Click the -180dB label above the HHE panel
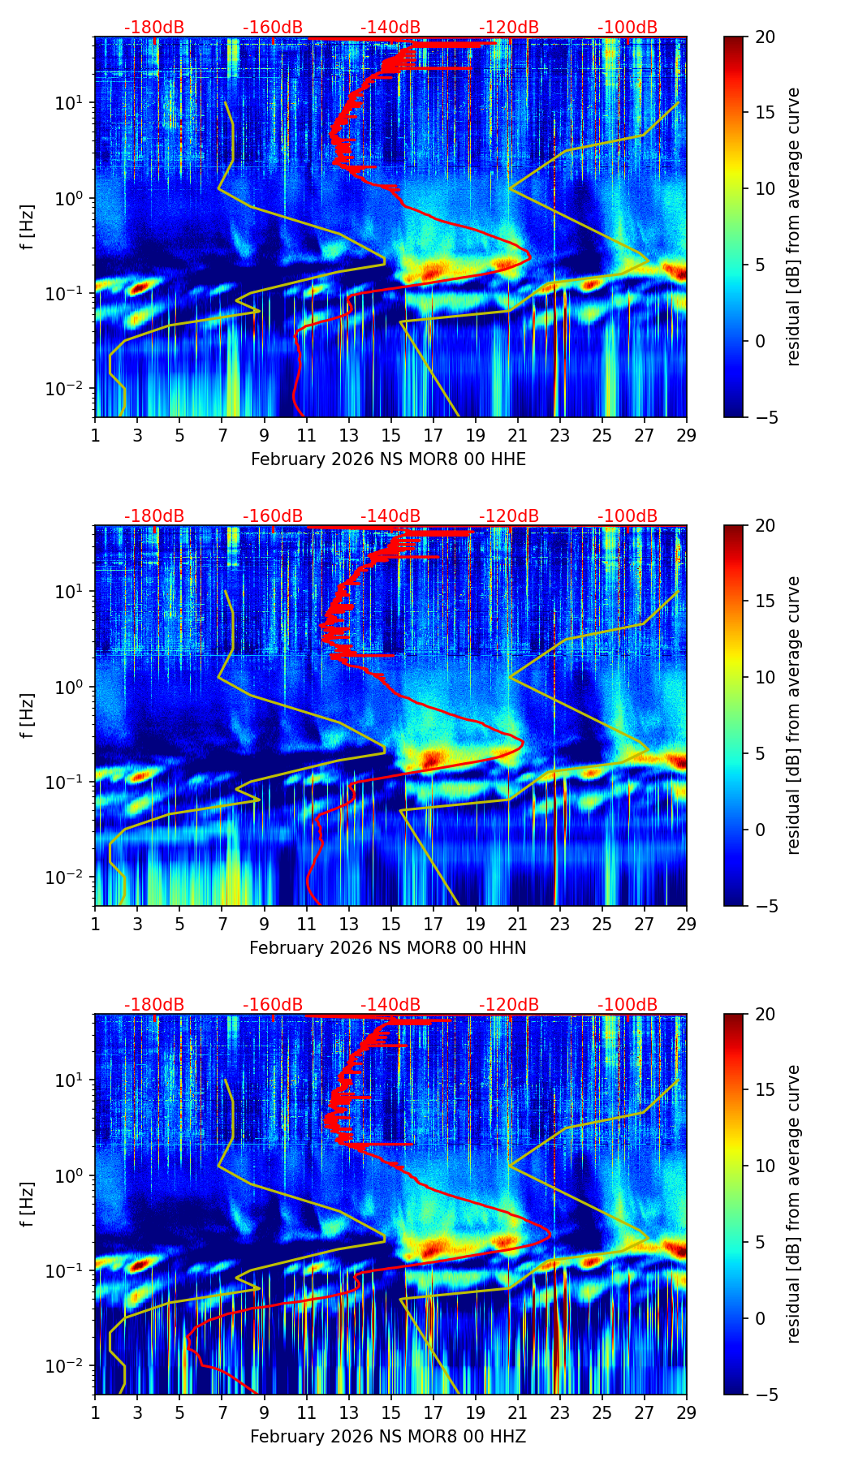(154, 28)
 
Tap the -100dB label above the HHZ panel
(628, 1005)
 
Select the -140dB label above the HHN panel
(390, 516)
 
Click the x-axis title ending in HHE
(388, 459)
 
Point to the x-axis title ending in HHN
(387, 948)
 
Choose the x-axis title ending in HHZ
(387, 1437)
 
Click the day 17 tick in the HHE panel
(433, 434)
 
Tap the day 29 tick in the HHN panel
(687, 923)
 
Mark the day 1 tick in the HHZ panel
(96, 1412)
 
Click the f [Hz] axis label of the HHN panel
(28, 715)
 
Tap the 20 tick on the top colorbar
(764, 37)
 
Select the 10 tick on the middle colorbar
(764, 677)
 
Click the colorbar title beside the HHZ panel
(793, 1204)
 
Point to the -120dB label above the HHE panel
(509, 28)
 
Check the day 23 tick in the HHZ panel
(560, 1412)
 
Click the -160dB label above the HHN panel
(273, 516)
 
